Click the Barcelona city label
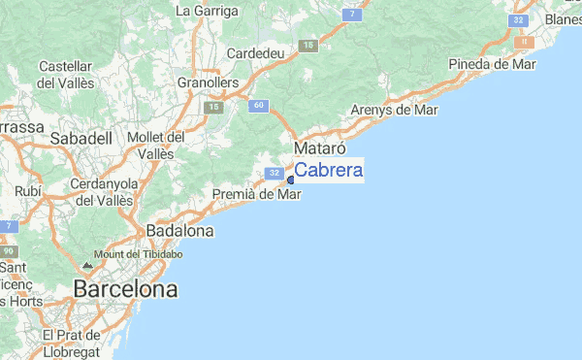tap(126, 289)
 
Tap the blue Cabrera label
tap(329, 171)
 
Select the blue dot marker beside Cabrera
tap(290, 180)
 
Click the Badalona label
tap(179, 231)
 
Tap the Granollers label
tap(208, 83)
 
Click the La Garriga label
tap(207, 12)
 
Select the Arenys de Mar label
tap(395, 110)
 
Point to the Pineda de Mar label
tap(492, 64)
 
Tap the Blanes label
tap(564, 19)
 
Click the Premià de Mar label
tap(257, 194)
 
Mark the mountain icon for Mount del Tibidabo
tap(88, 264)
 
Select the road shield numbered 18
tap(308, 46)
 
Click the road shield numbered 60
tap(257, 105)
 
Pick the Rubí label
tap(28, 191)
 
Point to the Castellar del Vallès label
tap(65, 75)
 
